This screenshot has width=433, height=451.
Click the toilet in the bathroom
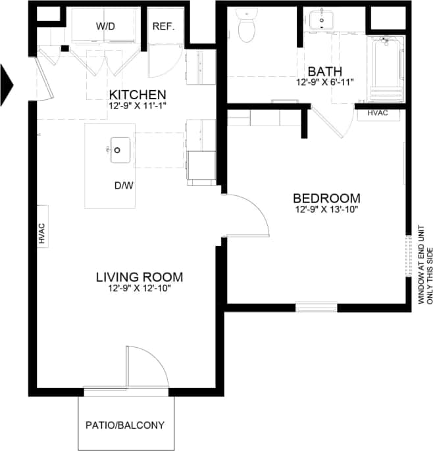click(247, 27)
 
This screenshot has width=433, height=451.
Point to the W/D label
click(105, 26)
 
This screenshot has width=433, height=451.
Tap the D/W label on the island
click(124, 185)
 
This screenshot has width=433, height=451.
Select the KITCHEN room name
click(138, 94)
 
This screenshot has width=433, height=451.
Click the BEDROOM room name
click(326, 198)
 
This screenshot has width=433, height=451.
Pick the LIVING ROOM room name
click(139, 276)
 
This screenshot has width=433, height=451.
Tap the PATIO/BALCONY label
click(125, 425)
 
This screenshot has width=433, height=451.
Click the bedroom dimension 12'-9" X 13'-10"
click(326, 210)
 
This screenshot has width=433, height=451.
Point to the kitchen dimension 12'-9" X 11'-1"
click(138, 105)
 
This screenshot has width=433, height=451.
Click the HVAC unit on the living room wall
click(41, 234)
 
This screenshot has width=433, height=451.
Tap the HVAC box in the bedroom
click(377, 112)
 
